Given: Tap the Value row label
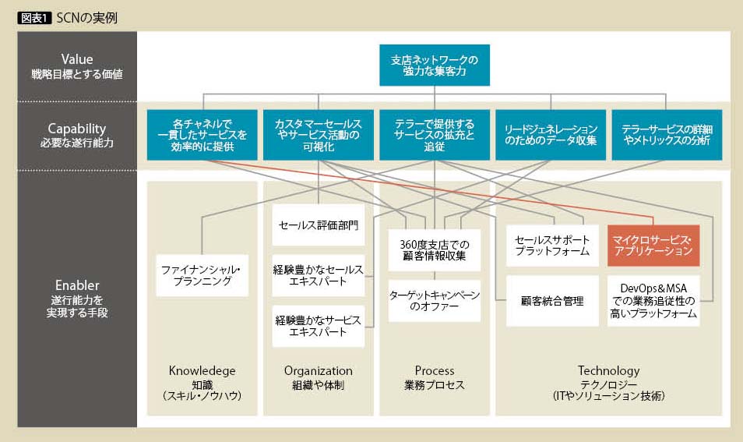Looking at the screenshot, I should pos(77,65).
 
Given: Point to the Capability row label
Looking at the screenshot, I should pos(77,135).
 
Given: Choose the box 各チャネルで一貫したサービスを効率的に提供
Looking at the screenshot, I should pos(202,135).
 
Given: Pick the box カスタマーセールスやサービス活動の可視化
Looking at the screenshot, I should pos(318,135).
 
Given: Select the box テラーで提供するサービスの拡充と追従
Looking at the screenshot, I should pos(434,135).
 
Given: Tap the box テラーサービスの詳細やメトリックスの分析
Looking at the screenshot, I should pos(666,135).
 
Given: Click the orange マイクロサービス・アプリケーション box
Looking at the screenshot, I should pos(653,246).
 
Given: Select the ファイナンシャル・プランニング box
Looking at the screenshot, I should pos(201,275).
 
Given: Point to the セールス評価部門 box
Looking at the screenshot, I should pos(319,225).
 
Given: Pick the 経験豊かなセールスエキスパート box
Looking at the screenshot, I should pos(319,274).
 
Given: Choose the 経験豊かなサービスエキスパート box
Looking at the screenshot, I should pos(319,325).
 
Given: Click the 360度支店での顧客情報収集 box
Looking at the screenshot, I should pos(435,249).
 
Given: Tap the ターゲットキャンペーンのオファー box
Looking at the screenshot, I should pos(435,300).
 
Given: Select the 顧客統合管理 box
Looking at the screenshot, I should pos(551,300).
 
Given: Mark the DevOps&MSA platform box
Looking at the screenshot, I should pos(653,300).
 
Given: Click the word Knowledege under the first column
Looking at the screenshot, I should pos(202,371).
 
